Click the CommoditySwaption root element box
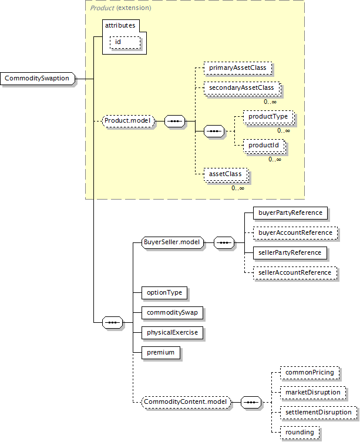tap(38, 79)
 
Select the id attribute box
tap(125, 43)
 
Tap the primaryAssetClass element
tap(238, 68)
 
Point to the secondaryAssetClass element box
tap(242, 88)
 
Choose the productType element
tap(268, 117)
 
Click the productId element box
tap(264, 146)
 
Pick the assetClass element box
tap(226, 174)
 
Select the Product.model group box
tap(129, 121)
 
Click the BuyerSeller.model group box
tap(173, 242)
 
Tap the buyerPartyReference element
tap(290, 213)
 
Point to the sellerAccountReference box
tap(295, 273)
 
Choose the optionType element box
tap(164, 292)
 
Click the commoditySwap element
tap(172, 313)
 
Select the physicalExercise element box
tap(172, 333)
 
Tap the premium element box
tap(161, 353)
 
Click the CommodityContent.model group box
tap(186, 402)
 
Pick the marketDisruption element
tap(313, 393)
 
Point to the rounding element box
tap(300, 433)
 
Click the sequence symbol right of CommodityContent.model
tap(251, 402)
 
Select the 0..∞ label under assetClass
tap(238, 188)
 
